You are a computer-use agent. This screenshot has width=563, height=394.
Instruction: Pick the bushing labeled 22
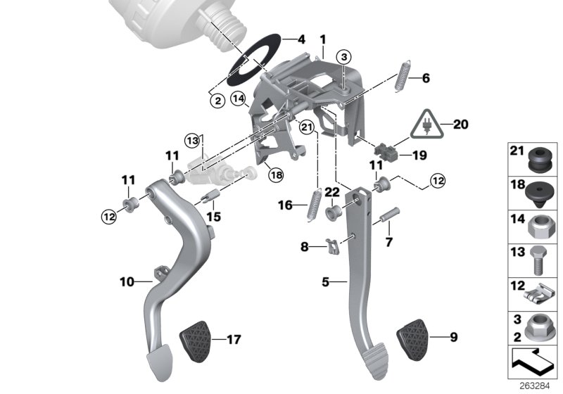coord(334,210)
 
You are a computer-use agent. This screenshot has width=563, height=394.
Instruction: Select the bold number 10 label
coord(126,281)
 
